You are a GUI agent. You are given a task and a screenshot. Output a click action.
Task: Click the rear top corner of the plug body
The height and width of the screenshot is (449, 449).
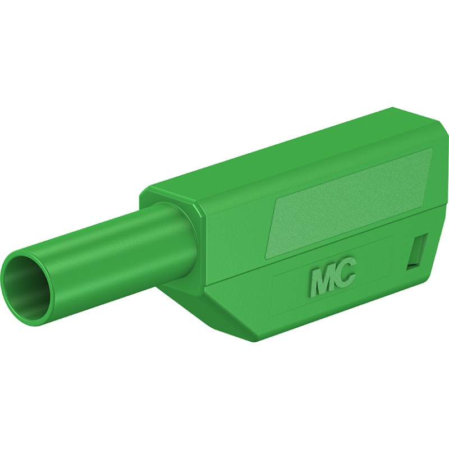coord(393,108)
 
